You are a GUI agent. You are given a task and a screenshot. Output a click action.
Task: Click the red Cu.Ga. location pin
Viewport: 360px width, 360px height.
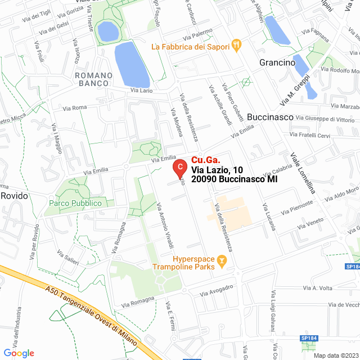[179, 168]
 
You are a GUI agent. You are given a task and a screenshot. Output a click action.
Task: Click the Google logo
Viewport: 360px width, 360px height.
[19, 353]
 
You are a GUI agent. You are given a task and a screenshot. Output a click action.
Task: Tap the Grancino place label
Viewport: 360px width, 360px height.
[277, 63]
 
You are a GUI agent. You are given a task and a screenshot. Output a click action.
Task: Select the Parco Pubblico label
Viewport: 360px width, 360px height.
[75, 202]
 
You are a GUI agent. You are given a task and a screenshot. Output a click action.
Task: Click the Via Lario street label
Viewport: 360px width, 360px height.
[141, 90]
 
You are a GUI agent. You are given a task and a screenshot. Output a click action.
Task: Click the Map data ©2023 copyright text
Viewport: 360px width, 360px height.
[335, 355]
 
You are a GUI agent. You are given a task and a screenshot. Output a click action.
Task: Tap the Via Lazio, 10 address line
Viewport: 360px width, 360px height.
[217, 169]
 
